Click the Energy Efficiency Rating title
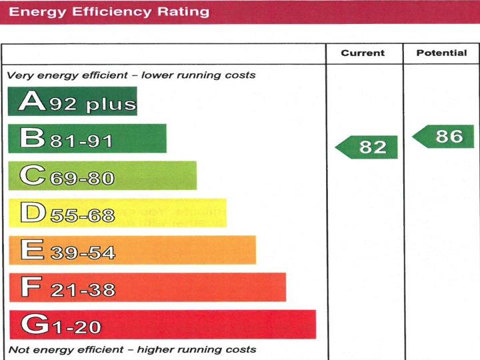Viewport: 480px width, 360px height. tap(109, 11)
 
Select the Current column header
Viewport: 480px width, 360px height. tap(363, 53)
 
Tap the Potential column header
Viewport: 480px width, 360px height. tap(441, 53)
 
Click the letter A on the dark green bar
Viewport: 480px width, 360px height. tap(31, 101)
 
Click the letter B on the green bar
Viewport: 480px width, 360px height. tap(31, 139)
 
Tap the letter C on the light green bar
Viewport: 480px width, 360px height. tap(31, 176)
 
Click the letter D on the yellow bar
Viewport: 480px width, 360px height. tap(31, 213)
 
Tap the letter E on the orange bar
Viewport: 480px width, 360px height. tap(31, 251)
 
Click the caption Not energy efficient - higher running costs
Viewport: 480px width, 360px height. tap(131, 349)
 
